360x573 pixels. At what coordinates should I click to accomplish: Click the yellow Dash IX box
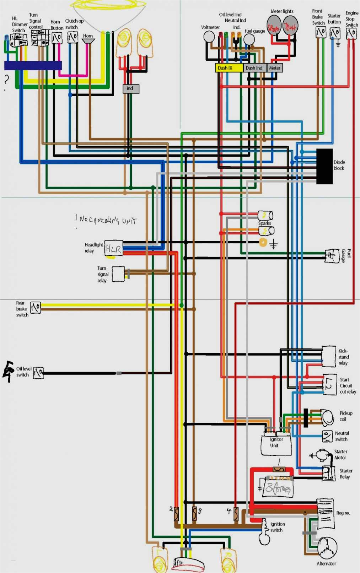229,68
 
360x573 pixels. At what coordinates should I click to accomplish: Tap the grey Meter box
275,68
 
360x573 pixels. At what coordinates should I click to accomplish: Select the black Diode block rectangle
324,166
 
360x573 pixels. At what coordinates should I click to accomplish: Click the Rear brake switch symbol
36,308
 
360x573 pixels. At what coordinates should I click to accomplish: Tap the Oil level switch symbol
38,373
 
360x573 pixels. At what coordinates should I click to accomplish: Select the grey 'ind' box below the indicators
131,88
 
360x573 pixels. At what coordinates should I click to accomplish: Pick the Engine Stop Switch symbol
351,33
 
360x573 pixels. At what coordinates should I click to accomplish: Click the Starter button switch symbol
335,33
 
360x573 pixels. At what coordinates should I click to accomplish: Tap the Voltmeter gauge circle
209,37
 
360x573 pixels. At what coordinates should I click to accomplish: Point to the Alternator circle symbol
327,547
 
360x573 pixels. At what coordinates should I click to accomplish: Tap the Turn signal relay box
118,274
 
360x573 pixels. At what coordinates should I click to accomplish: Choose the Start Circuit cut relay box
329,384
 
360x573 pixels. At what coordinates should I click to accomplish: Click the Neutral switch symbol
327,436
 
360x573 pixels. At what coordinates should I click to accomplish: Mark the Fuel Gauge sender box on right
331,255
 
